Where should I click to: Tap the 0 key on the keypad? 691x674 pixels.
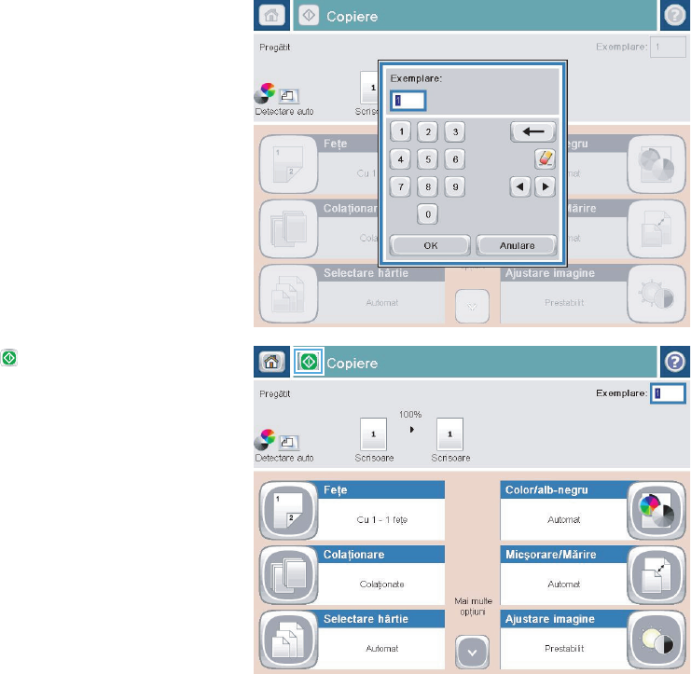pos(428,214)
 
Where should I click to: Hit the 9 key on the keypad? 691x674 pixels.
pos(454,186)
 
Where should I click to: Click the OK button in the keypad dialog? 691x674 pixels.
pos(429,245)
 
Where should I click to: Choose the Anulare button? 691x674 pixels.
pos(517,245)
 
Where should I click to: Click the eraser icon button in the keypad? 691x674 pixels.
pos(545,158)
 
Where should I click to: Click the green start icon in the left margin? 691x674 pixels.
pos(8,357)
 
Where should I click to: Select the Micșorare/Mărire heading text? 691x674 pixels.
pos(549,555)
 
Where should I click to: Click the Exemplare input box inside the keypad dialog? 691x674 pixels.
pos(408,99)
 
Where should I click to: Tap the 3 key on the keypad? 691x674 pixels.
pos(454,131)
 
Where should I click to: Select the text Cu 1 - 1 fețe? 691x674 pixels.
pos(380,520)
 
